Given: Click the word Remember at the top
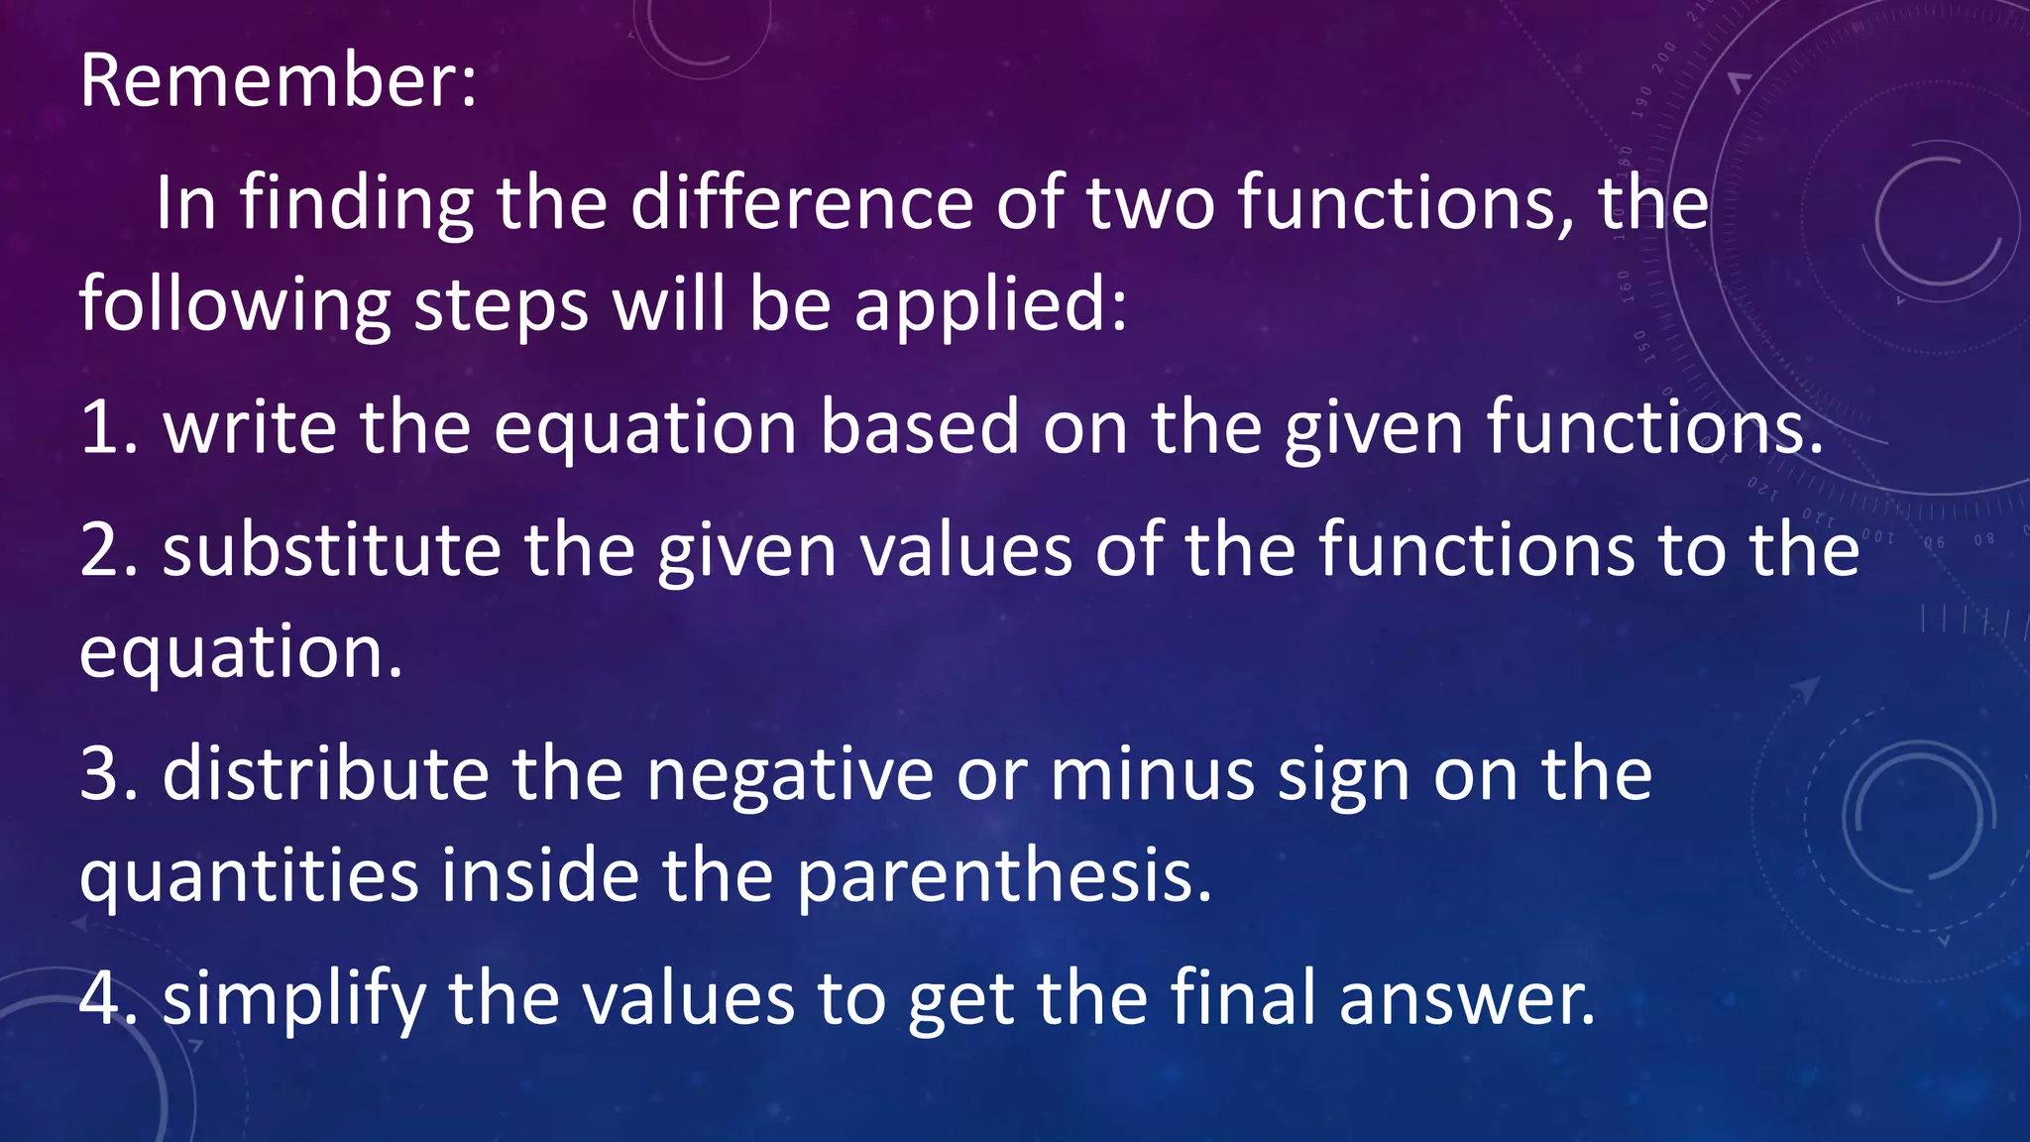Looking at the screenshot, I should (x=268, y=81).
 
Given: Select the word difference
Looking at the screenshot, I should (x=801, y=204).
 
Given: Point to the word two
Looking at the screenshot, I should (x=1150, y=204).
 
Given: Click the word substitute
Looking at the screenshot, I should (x=332, y=551).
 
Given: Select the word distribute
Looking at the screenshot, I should (x=326, y=774).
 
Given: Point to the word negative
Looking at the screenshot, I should (x=790, y=774).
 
